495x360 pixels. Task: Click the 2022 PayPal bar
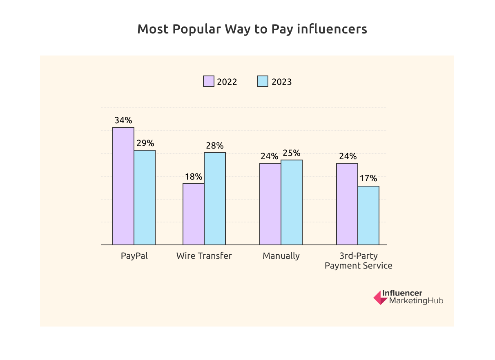123,186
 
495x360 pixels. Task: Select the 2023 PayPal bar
145,198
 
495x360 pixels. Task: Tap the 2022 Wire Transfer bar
194,214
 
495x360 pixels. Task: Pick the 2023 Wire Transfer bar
215,199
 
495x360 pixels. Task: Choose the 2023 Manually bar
292,202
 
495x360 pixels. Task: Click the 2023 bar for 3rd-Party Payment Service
368,216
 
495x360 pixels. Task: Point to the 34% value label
123,120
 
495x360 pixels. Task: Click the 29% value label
145,143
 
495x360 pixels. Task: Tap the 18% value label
194,177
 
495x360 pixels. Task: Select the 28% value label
215,146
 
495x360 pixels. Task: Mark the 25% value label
292,153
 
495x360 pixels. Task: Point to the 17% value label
368,179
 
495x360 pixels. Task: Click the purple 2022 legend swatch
209,81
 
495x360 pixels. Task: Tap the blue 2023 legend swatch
262,81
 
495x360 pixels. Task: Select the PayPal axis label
134,256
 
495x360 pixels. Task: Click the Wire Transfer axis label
204,256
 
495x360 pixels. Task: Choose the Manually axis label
281,256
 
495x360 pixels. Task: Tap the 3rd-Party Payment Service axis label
358,261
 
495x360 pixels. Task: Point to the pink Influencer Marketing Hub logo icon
380,298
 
